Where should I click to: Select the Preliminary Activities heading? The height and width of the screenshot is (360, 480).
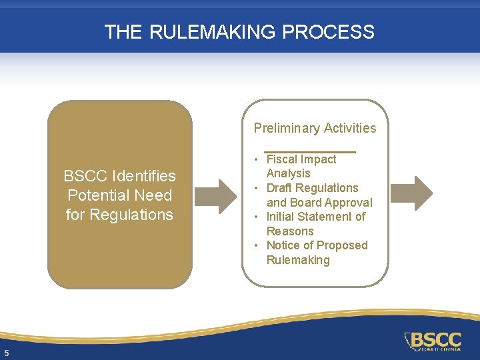(x=315, y=128)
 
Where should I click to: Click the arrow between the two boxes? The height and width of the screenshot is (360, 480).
(x=218, y=195)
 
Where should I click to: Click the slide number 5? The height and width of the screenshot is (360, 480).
(x=6, y=353)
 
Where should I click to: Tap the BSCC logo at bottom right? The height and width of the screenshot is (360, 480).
(x=433, y=341)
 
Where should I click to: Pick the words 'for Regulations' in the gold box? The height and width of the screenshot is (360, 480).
(x=119, y=215)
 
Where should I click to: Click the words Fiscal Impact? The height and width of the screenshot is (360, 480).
(x=301, y=159)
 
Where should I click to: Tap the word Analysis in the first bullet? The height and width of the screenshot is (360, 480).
(x=289, y=173)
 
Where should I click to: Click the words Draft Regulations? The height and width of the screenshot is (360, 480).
(x=312, y=188)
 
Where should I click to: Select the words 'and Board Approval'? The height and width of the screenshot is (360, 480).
(x=319, y=202)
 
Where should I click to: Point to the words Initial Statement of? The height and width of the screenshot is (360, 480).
(x=315, y=217)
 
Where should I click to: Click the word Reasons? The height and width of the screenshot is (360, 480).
(x=290, y=231)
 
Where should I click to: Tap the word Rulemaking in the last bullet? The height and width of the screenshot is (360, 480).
(x=298, y=260)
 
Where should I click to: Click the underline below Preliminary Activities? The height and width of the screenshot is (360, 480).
(x=310, y=151)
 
